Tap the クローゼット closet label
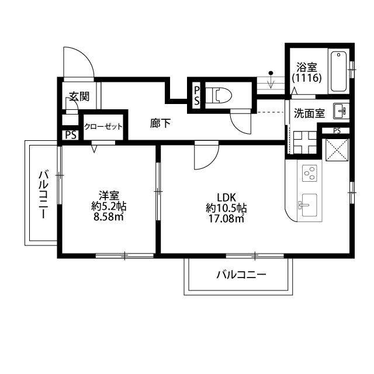click(103, 126)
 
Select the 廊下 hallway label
click(160, 123)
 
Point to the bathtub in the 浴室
click(339, 72)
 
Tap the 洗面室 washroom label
click(309, 113)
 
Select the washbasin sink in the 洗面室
click(340, 110)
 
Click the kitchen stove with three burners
click(310, 174)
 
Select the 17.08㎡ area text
click(225, 219)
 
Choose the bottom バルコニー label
click(241, 274)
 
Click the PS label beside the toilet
click(197, 95)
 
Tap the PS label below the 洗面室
click(337, 130)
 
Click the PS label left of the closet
click(71, 136)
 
